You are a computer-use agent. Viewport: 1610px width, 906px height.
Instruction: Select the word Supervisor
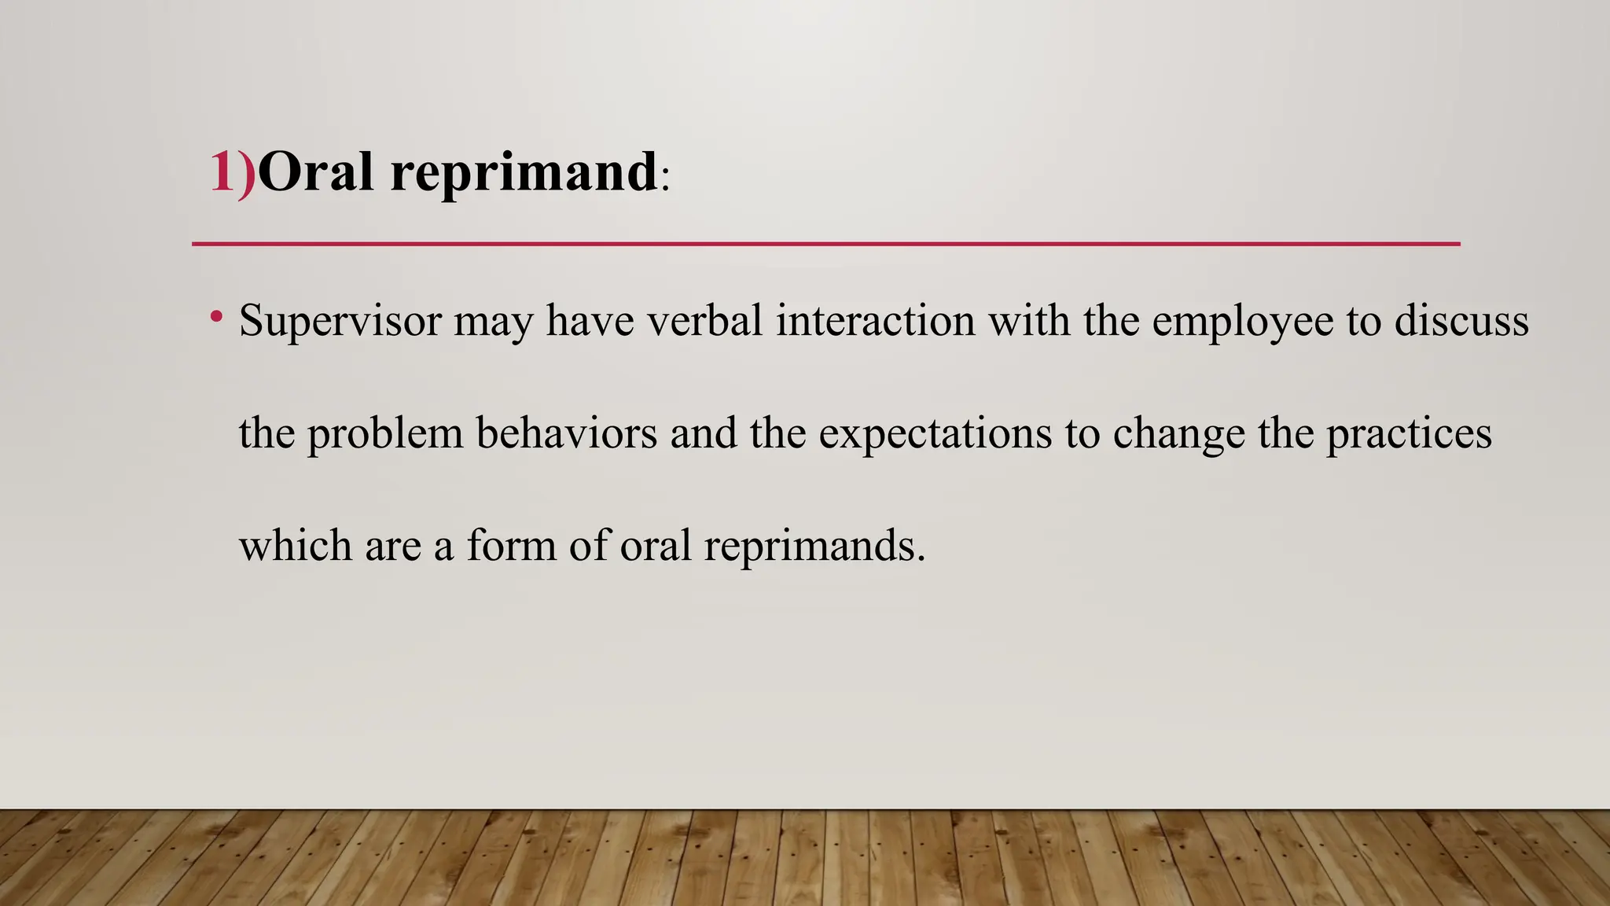(x=340, y=321)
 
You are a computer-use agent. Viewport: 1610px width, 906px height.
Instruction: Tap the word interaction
(x=875, y=321)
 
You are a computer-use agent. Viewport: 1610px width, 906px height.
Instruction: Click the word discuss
(x=1461, y=321)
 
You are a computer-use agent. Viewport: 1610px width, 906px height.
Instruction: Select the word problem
(x=385, y=434)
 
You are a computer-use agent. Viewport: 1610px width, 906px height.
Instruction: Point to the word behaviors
(x=566, y=433)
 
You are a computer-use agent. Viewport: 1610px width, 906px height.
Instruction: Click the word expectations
(x=935, y=434)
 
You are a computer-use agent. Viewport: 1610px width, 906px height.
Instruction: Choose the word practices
(x=1409, y=434)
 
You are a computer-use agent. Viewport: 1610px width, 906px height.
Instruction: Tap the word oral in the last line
(x=656, y=546)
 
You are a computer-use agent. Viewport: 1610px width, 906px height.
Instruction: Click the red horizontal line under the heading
(x=825, y=244)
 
